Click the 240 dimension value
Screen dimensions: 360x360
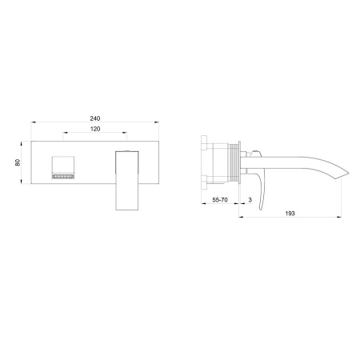(95, 118)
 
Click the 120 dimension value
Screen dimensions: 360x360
(95, 129)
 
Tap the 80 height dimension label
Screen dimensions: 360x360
(18, 162)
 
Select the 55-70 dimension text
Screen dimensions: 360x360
(220, 200)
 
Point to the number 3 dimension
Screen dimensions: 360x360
(250, 200)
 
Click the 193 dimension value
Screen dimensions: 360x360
(290, 214)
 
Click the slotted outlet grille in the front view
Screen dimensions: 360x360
(62, 177)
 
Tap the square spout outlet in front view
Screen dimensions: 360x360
(62, 167)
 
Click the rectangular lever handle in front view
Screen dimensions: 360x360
(127, 181)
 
